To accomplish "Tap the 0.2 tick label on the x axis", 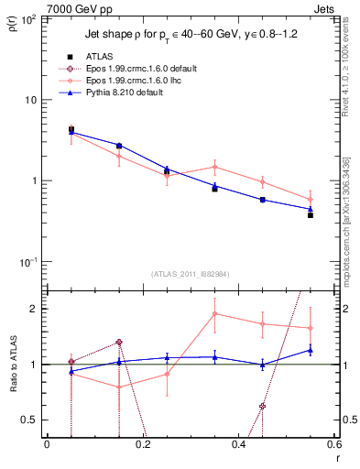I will (x=143, y=445).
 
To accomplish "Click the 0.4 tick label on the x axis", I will (x=239, y=445).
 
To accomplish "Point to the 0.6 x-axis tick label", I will (x=335, y=445).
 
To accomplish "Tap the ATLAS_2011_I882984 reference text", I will (x=191, y=274).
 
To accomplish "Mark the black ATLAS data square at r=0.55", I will (x=311, y=215).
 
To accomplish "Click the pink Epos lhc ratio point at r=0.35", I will (x=214, y=313).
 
